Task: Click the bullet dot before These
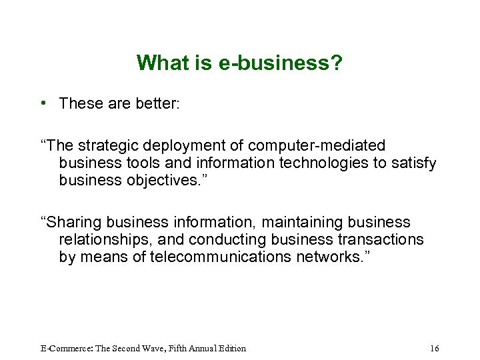tap(42, 103)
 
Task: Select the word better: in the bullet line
tap(157, 103)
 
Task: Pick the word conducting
tap(227, 239)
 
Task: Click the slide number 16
tap(435, 348)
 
